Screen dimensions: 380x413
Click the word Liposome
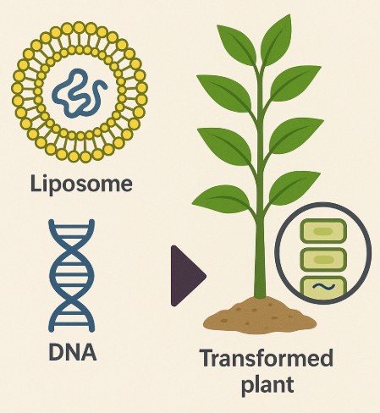pos(81,184)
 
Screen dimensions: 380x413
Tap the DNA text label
pos(73,352)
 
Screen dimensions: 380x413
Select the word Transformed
pos(267,358)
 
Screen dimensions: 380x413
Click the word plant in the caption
pos(267,385)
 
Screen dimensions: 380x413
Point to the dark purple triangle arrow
pos(187,276)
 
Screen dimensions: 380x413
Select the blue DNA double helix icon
pos(72,276)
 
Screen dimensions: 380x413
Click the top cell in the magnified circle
pos(323,231)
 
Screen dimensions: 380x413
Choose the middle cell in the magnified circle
pos(323,259)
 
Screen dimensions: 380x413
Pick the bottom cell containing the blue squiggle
pos(323,288)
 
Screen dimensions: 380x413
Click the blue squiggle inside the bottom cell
pos(323,287)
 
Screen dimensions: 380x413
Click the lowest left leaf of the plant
pos(223,199)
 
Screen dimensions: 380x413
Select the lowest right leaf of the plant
pos(294,189)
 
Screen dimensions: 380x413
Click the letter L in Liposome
pos(36,183)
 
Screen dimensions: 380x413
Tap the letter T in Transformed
pos(208,358)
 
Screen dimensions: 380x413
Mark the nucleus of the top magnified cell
pos(323,231)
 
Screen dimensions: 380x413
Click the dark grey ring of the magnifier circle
pos(275,253)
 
